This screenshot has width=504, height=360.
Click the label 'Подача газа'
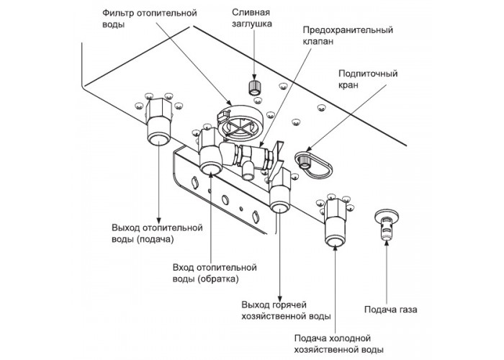pos(390,310)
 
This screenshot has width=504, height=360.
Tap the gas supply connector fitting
pos(387,224)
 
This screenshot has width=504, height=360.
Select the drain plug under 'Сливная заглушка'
pos(254,87)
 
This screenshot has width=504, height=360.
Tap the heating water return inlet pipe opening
pos(210,168)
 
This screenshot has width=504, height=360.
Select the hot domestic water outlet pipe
pos(279,193)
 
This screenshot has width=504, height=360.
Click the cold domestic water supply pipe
pos(335,222)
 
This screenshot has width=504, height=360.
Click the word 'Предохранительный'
pos(348,30)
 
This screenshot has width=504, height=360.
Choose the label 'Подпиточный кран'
pos(368,79)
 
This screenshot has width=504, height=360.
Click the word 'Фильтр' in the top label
pos(117,13)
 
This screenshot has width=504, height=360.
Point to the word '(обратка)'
pos(218,279)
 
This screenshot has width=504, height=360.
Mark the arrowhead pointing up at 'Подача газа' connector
pos(387,243)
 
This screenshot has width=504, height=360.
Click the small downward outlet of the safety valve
pos(247,171)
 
